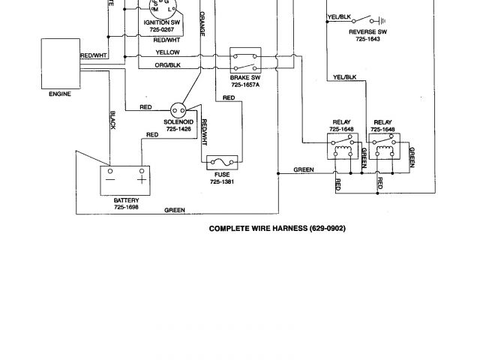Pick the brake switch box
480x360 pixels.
tap(244, 62)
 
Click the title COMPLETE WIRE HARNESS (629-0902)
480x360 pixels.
tap(277, 229)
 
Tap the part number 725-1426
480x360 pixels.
tap(178, 128)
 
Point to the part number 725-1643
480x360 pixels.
tap(367, 40)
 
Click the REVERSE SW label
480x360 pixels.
tap(367, 33)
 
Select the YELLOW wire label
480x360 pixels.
tap(167, 52)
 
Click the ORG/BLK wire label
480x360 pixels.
tap(167, 64)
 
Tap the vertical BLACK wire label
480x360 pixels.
tap(112, 119)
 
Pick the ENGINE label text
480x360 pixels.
tap(59, 94)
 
